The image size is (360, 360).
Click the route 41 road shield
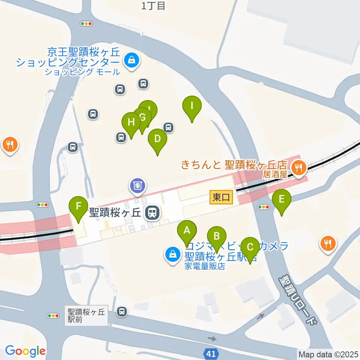211,353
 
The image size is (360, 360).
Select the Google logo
25,351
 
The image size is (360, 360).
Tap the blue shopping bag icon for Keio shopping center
132,60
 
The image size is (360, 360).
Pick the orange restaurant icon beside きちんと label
298,166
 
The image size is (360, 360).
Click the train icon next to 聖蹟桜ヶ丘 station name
153,213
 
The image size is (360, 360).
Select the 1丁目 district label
153,6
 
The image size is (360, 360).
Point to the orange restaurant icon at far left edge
9,144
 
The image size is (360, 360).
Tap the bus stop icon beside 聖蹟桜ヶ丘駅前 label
121,311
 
